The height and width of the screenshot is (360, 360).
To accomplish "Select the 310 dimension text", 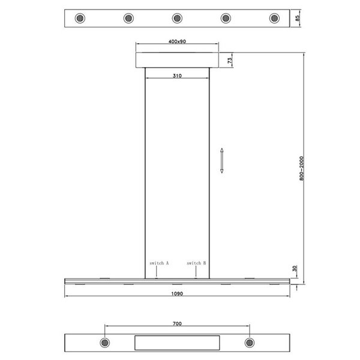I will pyautogui.click(x=177, y=76).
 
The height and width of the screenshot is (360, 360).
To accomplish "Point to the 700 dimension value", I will pyautogui.click(x=177, y=323).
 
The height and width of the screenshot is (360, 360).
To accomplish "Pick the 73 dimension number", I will pyautogui.click(x=230, y=59).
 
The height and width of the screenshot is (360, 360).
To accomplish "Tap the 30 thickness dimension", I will pyautogui.click(x=294, y=270).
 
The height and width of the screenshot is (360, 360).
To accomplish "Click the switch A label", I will pyautogui.click(x=159, y=263).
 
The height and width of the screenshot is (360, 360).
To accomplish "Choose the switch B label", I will pyautogui.click(x=196, y=263).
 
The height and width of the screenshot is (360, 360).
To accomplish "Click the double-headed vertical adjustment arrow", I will pyautogui.click(x=221, y=160).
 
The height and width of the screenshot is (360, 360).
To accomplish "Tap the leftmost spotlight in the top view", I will pyautogui.click(x=80, y=19).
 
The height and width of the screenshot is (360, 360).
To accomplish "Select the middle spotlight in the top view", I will pyautogui.click(x=177, y=19).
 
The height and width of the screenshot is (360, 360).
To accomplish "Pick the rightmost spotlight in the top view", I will pyautogui.click(x=275, y=19).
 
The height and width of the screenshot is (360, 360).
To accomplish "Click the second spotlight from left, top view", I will pyautogui.click(x=128, y=19).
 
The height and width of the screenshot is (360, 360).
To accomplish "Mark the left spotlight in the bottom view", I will pyautogui.click(x=105, y=343).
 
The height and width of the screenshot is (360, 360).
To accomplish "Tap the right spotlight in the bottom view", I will pyautogui.click(x=249, y=343).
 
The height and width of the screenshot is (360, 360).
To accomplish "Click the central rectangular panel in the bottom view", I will pyautogui.click(x=177, y=343).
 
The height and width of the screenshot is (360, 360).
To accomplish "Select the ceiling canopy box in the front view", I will pyautogui.click(x=177, y=60).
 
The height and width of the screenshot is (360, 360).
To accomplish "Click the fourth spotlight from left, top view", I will pyautogui.click(x=226, y=19).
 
